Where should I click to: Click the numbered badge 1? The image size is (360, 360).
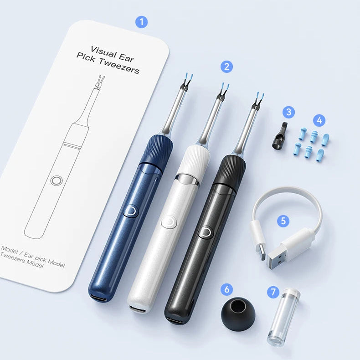[x=141, y=22]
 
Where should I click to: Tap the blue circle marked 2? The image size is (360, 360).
[x=226, y=67]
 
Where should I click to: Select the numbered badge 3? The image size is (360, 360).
[x=289, y=112]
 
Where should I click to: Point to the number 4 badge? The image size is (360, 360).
[x=319, y=120]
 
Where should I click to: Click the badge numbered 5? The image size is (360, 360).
[x=283, y=221]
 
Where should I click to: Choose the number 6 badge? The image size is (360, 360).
[x=226, y=289]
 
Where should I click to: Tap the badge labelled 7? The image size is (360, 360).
[x=273, y=292]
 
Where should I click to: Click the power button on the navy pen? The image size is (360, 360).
[x=131, y=211]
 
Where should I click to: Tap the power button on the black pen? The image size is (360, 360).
[x=206, y=232]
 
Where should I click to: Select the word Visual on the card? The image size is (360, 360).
[x=103, y=52]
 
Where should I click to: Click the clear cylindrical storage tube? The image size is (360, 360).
[x=283, y=317]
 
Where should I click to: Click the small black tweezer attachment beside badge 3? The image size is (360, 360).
[x=279, y=136]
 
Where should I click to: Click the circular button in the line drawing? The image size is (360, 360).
[x=56, y=181]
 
